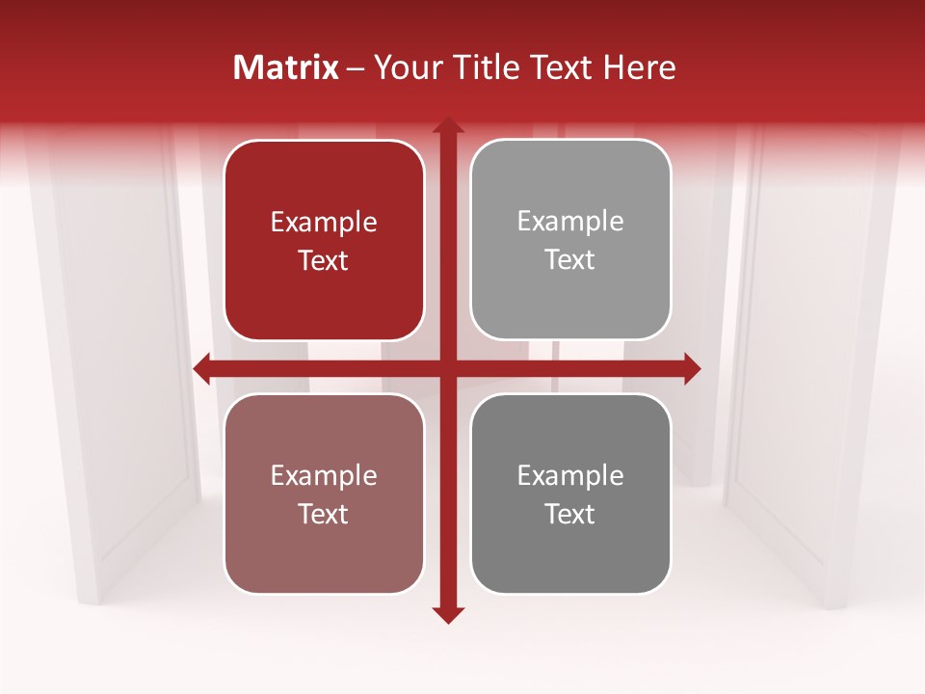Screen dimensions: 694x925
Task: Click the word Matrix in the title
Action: [x=286, y=67]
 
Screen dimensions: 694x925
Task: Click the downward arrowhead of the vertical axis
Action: [x=447, y=614]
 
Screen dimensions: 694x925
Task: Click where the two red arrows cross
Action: [x=447, y=368]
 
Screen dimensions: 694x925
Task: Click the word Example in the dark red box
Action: [x=324, y=223]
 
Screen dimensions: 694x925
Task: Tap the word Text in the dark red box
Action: [x=324, y=260]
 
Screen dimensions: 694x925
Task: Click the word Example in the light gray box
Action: [x=570, y=222]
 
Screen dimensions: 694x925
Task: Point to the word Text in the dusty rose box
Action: [x=324, y=514]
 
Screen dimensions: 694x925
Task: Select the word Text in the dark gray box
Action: [x=570, y=514]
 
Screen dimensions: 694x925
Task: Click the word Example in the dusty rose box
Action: [x=324, y=476]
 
